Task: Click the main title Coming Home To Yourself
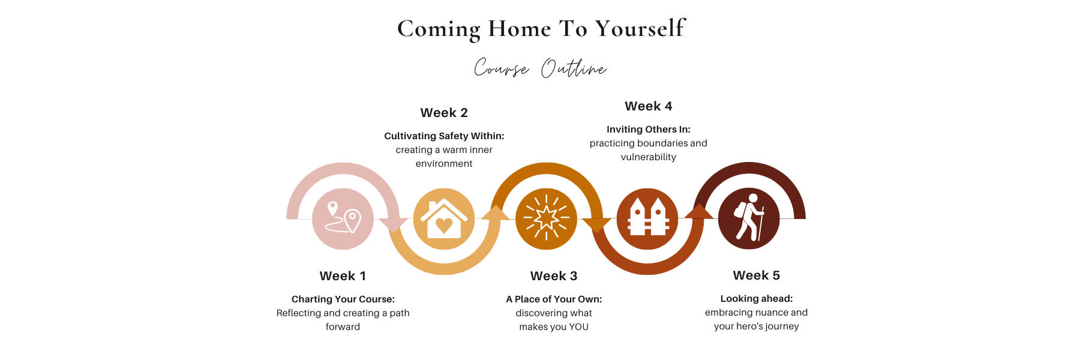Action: tap(541, 28)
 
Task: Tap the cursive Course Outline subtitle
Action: tap(540, 68)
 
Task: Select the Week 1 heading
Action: tap(343, 276)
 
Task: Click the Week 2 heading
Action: tap(444, 113)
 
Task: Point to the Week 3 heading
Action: tap(554, 276)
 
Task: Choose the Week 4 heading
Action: tap(649, 106)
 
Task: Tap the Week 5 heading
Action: tap(757, 275)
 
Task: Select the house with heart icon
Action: tap(444, 219)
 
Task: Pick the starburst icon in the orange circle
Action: tap(546, 218)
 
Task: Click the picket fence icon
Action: tap(647, 217)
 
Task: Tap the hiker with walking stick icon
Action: tap(749, 217)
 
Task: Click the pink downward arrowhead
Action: tap(393, 225)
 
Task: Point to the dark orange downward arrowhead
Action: tap(596, 225)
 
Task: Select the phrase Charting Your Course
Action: tap(342, 299)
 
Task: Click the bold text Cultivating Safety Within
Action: tap(443, 136)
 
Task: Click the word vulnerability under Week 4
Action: tap(649, 157)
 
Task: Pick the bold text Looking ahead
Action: tap(756, 298)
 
